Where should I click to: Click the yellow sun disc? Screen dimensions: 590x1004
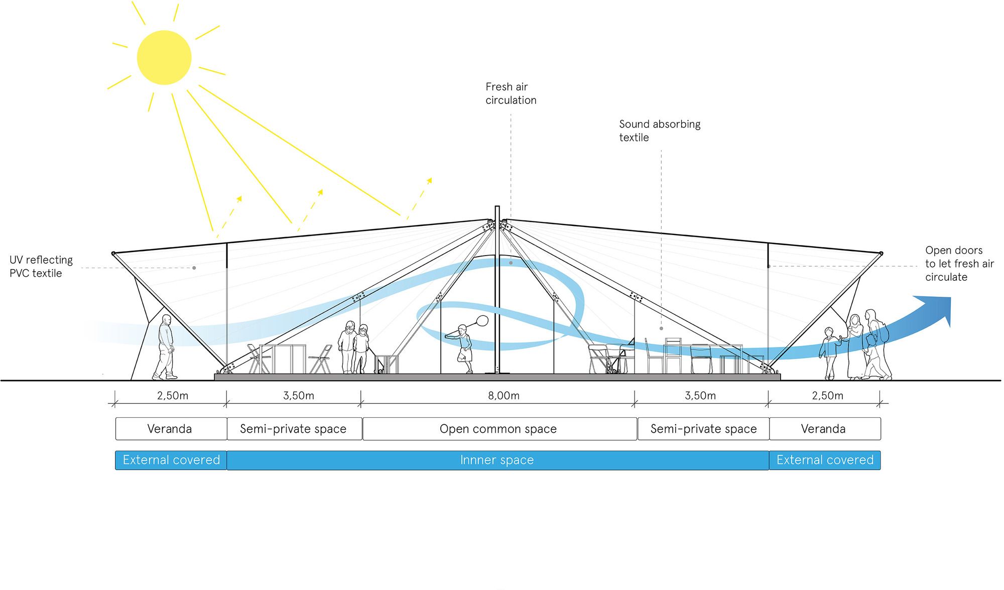164,57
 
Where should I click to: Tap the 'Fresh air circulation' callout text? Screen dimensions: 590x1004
511,93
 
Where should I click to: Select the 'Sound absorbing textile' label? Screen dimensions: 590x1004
659,131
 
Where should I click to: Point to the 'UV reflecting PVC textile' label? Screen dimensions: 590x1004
41,267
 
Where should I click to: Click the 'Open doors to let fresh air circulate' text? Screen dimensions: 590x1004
959,264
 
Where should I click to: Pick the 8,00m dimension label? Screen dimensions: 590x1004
504,396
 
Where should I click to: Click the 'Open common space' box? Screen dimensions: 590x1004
499,429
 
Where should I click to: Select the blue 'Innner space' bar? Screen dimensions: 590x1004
497,460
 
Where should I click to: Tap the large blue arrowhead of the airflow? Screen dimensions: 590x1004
937,308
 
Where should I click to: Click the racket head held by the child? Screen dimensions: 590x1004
482,320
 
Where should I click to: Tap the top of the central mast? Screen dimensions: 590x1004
497,208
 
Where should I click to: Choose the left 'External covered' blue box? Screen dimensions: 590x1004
171,460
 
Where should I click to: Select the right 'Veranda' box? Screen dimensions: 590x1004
824,429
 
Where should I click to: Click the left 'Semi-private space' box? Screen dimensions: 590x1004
294,429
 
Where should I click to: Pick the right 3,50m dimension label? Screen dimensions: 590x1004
700,396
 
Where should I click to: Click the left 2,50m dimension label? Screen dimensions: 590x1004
172,396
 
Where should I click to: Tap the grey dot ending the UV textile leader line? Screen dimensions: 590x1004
194,268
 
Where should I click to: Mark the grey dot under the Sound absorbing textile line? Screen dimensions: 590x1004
661,328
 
